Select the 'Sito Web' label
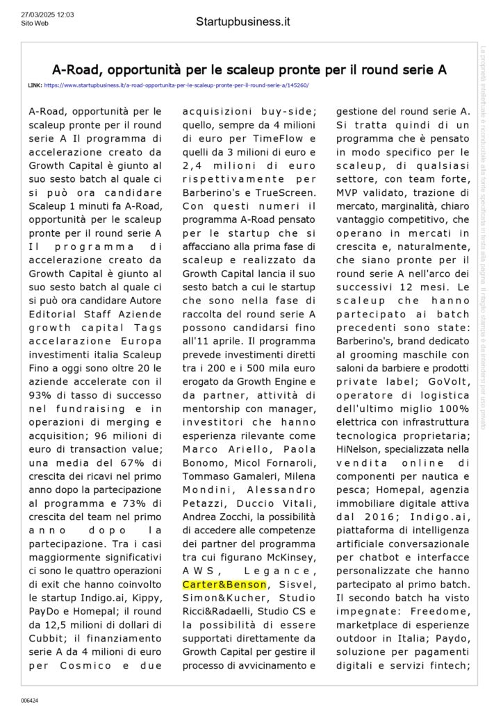34,22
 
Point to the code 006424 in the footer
29,701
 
